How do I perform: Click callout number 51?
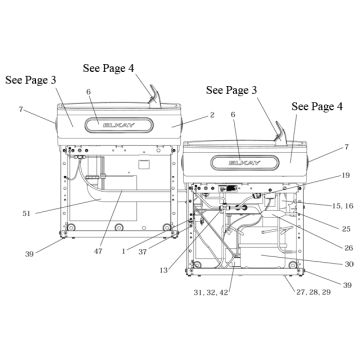point(26,213)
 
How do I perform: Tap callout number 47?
point(98,251)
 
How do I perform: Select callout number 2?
point(212,115)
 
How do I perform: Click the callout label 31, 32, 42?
point(212,292)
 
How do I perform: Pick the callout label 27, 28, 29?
point(313,292)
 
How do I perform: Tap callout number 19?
point(346,175)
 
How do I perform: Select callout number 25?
point(346,229)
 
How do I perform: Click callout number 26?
point(349,248)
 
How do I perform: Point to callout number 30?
point(349,264)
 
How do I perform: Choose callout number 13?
point(163,271)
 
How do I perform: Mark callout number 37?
point(143,252)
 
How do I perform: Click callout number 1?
point(124,252)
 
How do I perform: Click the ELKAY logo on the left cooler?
point(119,125)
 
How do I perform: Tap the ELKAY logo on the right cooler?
point(245,163)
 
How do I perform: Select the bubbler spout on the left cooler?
point(154,96)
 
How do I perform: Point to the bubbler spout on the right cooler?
point(280,133)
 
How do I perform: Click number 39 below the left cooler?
point(29,254)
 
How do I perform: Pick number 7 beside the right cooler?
point(346,147)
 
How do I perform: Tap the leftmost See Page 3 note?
point(31,80)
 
